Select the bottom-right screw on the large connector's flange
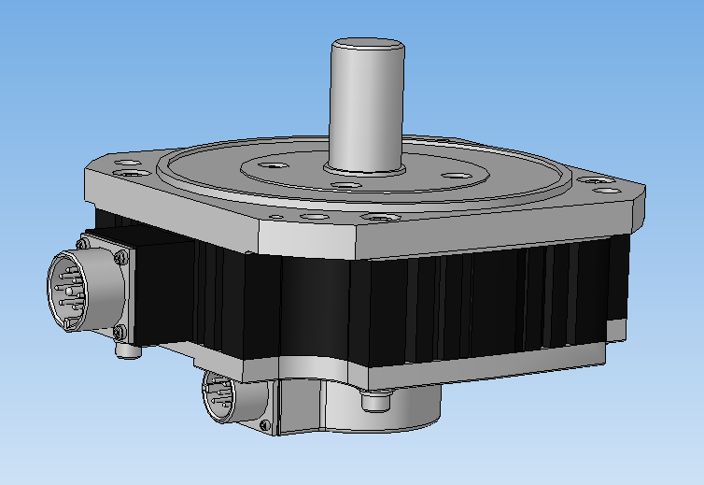(x=119, y=334)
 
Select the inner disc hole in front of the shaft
(x=346, y=186)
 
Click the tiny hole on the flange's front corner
(x=277, y=217)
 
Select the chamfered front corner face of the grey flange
(x=308, y=239)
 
